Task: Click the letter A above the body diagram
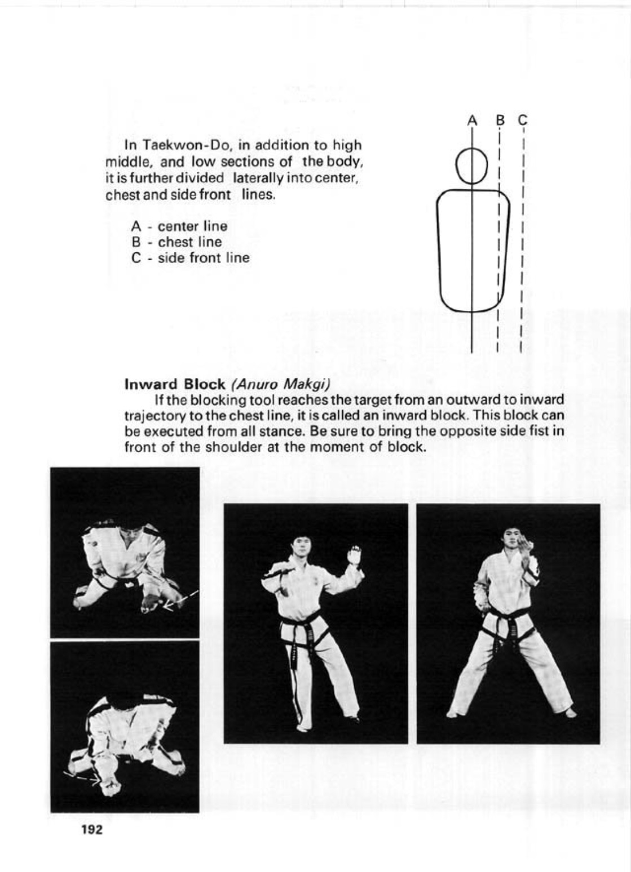(473, 120)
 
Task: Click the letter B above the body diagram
(499, 120)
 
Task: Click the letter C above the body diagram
(522, 120)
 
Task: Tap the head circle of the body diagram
(471, 165)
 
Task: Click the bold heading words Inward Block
(175, 385)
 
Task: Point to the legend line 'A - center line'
(179, 226)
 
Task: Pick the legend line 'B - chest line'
(176, 242)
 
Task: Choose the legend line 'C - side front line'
(190, 258)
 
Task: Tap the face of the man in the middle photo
(299, 546)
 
